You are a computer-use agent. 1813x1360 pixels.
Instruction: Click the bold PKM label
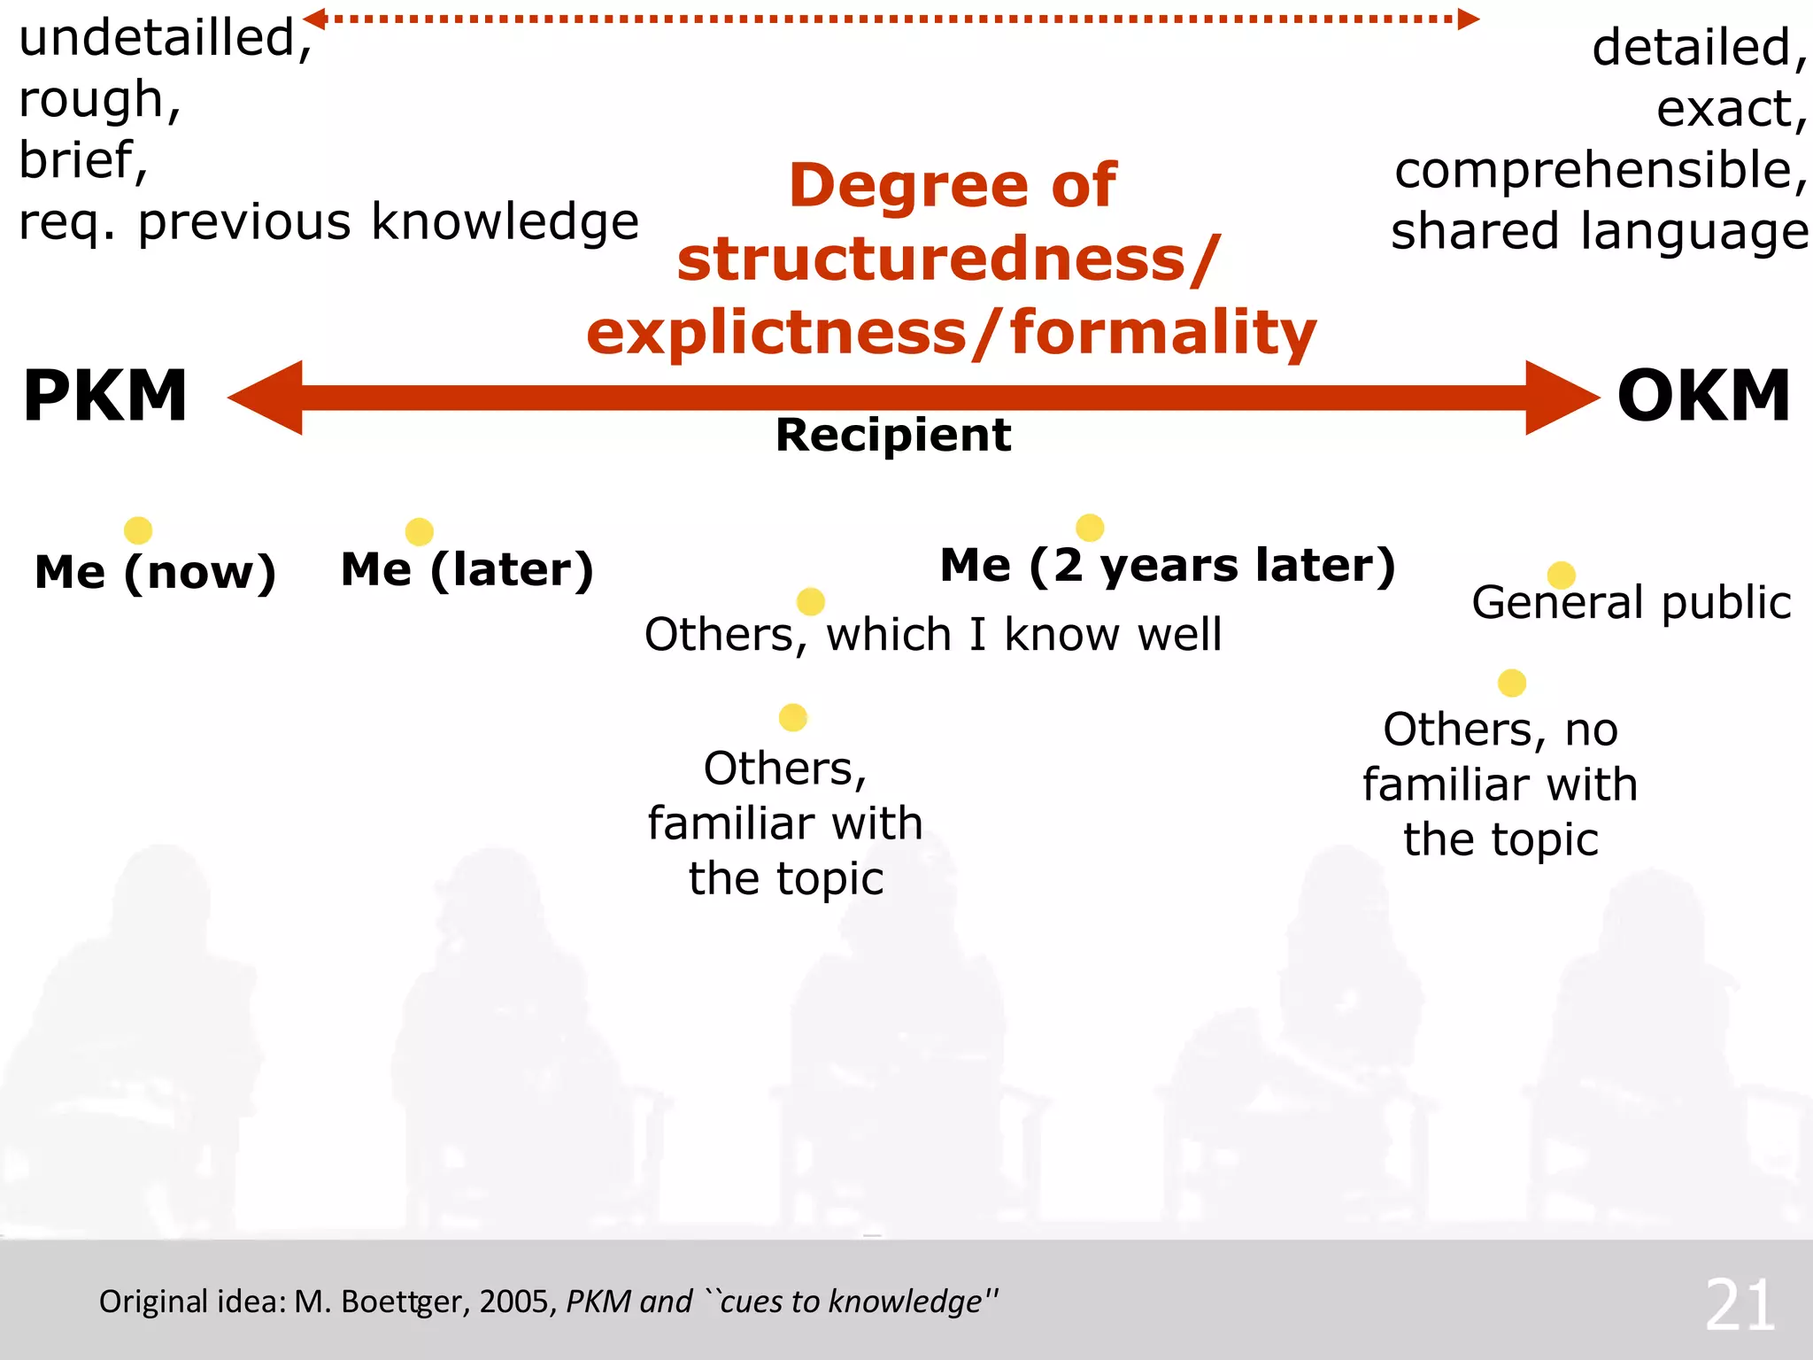(104, 396)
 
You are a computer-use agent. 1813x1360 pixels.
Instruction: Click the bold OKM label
(1703, 396)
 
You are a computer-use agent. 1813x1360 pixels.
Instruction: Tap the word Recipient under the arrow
(892, 435)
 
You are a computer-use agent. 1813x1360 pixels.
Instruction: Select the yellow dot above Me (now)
(138, 530)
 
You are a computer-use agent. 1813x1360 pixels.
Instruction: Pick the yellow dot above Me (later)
(419, 531)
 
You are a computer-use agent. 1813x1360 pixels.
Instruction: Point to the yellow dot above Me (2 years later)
(1090, 528)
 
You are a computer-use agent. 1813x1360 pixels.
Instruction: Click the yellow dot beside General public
(1561, 575)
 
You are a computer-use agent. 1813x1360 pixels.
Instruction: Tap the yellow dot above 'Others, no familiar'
(1511, 683)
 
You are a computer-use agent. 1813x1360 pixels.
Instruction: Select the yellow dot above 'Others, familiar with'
(792, 717)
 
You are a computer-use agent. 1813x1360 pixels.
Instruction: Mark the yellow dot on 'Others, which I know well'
(810, 602)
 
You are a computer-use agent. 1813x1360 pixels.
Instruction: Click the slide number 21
(1740, 1305)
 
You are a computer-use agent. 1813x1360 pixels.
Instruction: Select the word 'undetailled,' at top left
(166, 39)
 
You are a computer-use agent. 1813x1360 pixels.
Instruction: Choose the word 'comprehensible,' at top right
(1601, 170)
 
